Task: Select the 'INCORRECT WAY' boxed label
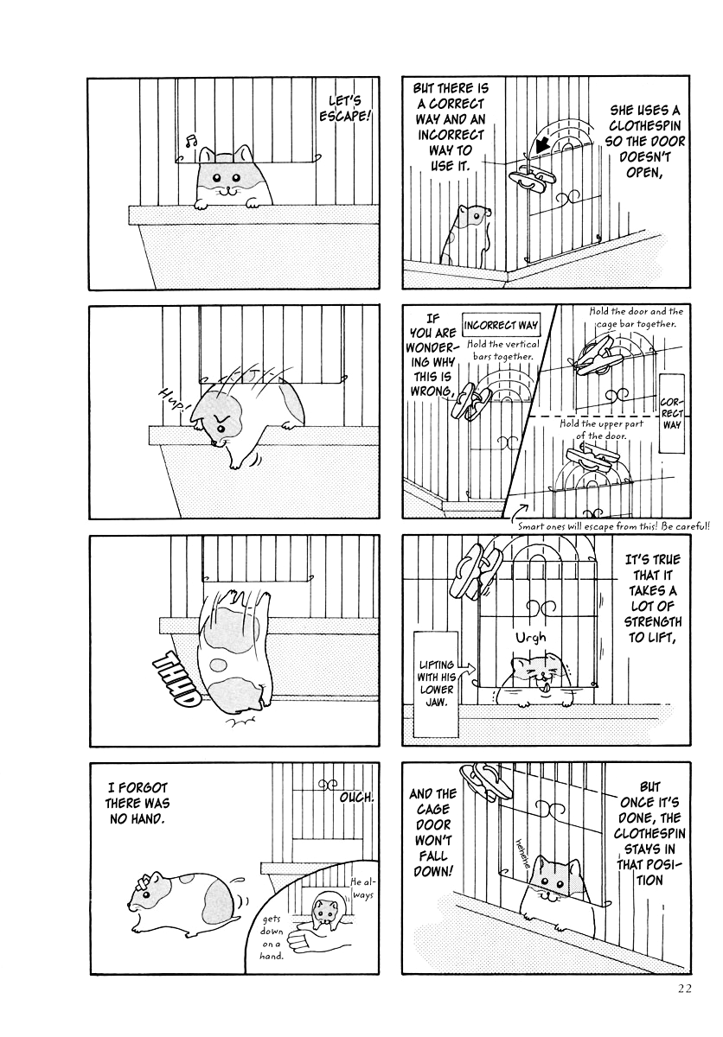point(502,325)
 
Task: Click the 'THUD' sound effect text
point(175,679)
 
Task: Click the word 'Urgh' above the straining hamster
point(530,638)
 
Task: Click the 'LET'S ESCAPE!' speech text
point(345,108)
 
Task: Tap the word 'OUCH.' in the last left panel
point(355,797)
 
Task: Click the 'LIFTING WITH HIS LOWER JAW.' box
point(436,684)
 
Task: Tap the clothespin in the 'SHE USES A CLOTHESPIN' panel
point(531,178)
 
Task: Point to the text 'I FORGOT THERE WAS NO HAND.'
point(138,803)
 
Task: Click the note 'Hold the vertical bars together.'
point(502,350)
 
